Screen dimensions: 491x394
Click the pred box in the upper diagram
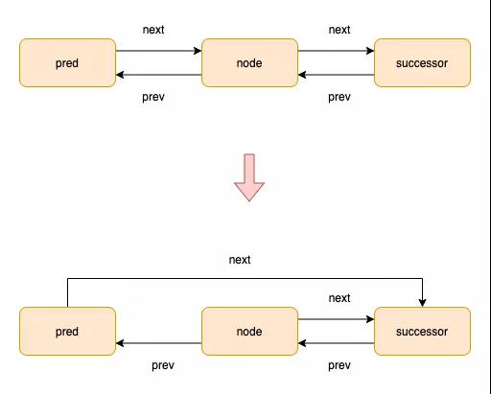click(x=67, y=62)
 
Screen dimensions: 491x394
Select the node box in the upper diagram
click(x=249, y=62)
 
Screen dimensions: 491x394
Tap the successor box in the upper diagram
click(x=422, y=62)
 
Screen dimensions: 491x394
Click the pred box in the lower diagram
click(x=67, y=331)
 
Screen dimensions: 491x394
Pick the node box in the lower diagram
click(x=249, y=331)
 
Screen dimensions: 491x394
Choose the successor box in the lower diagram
click(x=422, y=331)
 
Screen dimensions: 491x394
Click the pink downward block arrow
click(x=249, y=177)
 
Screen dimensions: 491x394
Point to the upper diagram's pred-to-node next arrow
click(x=158, y=51)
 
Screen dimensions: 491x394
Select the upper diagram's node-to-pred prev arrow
click(x=158, y=75)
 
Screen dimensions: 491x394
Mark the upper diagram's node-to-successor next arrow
click(x=336, y=51)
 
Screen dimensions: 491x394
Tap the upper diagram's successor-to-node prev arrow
click(x=336, y=75)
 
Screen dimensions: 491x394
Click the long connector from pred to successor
click(x=245, y=279)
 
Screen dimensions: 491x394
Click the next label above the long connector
click(x=240, y=260)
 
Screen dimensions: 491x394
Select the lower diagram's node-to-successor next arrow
click(x=336, y=319)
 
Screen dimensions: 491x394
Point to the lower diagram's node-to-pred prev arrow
click(x=158, y=343)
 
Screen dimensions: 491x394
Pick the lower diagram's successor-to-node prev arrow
click(x=336, y=343)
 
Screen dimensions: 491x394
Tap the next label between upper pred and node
click(x=153, y=30)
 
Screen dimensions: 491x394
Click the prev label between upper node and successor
click(x=339, y=97)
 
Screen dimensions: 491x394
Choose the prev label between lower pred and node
click(x=163, y=365)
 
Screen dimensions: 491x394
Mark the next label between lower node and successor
click(x=339, y=298)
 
